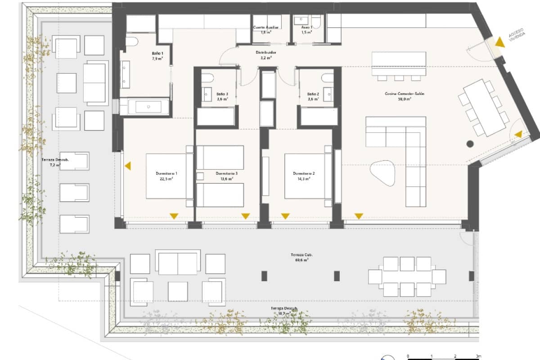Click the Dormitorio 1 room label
[x=166, y=175]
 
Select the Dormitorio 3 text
[x=226, y=175]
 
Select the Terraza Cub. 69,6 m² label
[x=301, y=257]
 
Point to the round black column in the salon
[x=470, y=144]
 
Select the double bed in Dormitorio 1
[x=166, y=175]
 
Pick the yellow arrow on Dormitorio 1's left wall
[x=128, y=166]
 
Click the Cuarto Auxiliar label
[x=266, y=30]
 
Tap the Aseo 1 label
[x=307, y=30]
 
